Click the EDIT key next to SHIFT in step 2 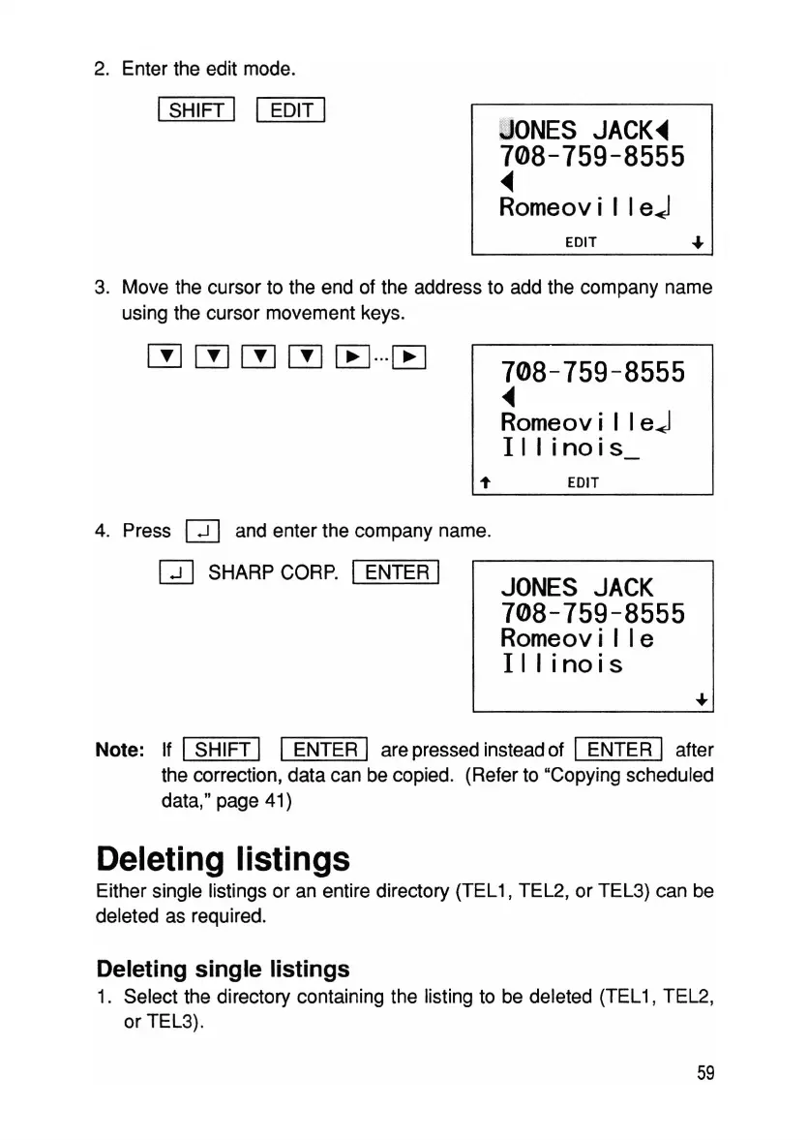coord(289,110)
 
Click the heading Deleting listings coord(223,859)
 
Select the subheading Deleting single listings coord(223,969)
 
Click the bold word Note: coord(120,750)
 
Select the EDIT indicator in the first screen coord(582,242)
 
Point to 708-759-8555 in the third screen coord(592,613)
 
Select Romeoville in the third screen coord(577,639)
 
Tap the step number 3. coord(100,289)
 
